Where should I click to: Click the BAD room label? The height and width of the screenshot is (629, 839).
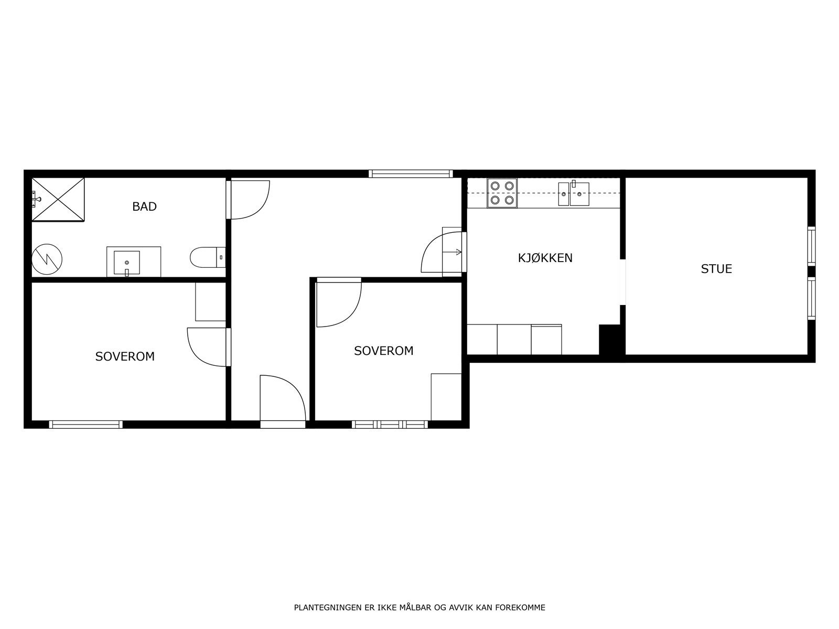[144, 207]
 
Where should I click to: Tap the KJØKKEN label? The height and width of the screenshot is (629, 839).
[545, 258]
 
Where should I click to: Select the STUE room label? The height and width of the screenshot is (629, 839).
[716, 269]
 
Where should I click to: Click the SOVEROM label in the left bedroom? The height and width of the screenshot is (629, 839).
[125, 356]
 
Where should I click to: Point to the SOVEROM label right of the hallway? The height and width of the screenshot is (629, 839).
[383, 351]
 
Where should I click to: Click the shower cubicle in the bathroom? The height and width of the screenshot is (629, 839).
[58, 200]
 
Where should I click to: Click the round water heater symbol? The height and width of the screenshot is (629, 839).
[47, 259]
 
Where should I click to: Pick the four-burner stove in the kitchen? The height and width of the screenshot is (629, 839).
[502, 193]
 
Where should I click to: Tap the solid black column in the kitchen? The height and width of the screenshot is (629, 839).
[609, 340]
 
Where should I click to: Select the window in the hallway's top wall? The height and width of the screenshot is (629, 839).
[411, 173]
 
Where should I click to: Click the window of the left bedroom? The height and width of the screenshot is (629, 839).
[86, 425]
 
